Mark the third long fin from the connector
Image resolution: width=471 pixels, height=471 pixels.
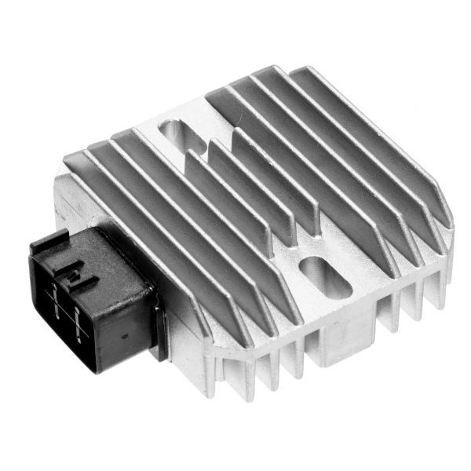(220, 204)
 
